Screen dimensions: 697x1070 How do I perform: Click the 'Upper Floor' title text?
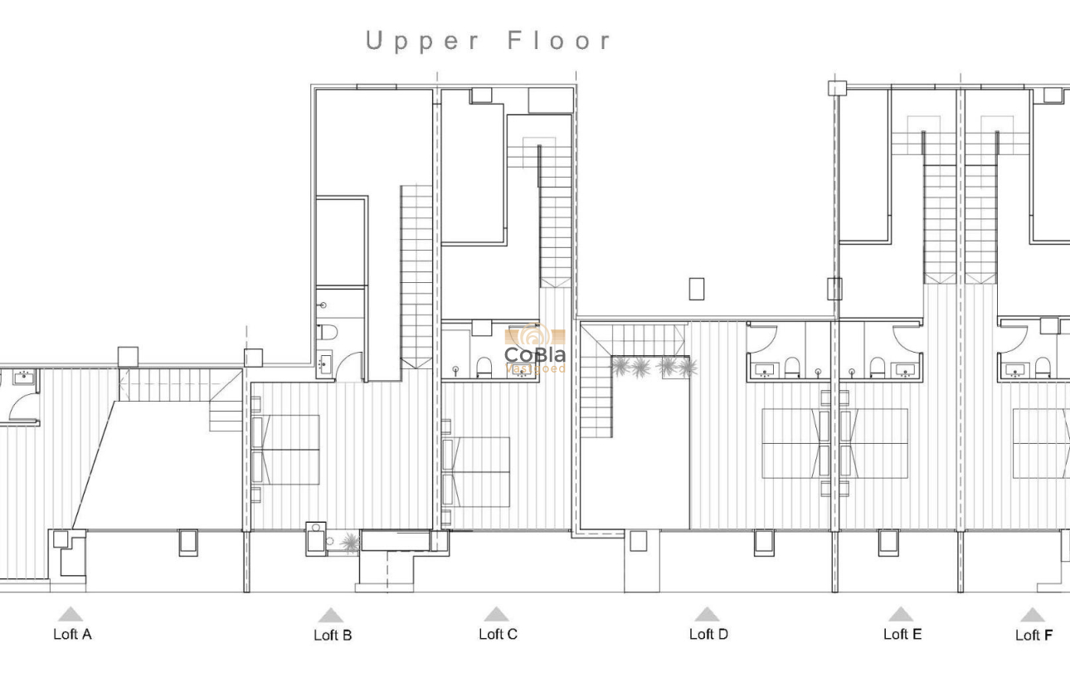coord(489,41)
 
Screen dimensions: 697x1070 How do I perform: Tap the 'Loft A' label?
coord(72,635)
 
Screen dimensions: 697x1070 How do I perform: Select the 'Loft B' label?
coord(333,636)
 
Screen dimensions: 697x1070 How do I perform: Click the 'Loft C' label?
coord(498,635)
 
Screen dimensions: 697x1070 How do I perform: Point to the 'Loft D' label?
coord(708,635)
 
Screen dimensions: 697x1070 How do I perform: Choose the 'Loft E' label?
coord(902,635)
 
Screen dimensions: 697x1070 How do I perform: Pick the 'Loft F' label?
coord(1034,636)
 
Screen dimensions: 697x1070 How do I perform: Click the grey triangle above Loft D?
coord(707,614)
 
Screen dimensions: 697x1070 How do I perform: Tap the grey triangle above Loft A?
coord(71,614)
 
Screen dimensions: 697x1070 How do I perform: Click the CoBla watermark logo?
coord(535,348)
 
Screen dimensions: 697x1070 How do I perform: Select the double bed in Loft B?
coord(286,450)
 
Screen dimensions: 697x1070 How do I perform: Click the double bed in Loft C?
coord(477,471)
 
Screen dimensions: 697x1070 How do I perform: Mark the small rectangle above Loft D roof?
coord(696,289)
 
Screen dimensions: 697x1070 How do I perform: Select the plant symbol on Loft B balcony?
coord(350,543)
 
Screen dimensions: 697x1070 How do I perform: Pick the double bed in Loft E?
coord(874,443)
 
